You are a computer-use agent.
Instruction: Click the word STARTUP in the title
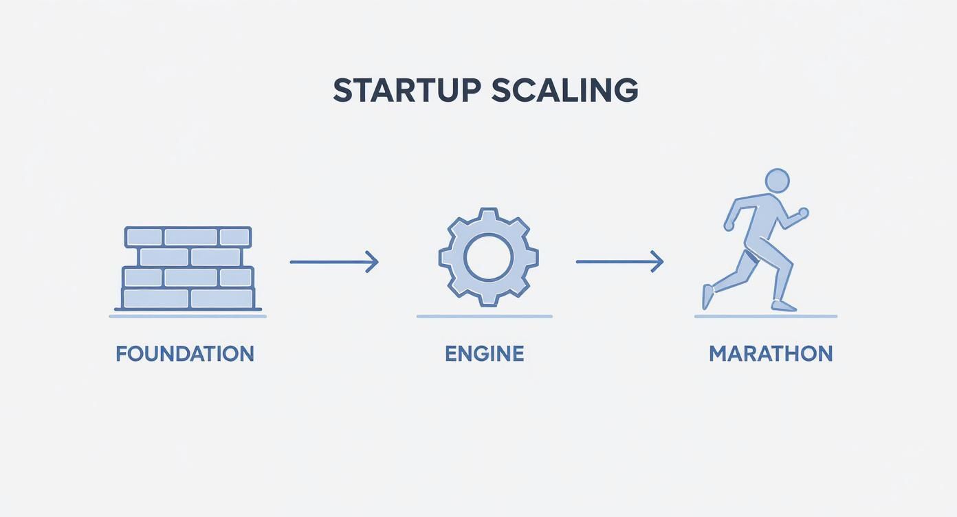pyautogui.click(x=408, y=91)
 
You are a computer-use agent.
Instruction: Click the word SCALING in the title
pyautogui.click(x=564, y=91)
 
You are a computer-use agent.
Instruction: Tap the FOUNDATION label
pyautogui.click(x=185, y=354)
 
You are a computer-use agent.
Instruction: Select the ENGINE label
pyautogui.click(x=484, y=354)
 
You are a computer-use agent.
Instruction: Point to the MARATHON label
pyautogui.click(x=770, y=354)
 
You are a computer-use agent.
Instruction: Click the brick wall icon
pyautogui.click(x=188, y=268)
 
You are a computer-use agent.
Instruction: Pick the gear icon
pyautogui.click(x=488, y=257)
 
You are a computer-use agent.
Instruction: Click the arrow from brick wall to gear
pyautogui.click(x=333, y=262)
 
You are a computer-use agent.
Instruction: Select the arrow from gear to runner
pyautogui.click(x=619, y=262)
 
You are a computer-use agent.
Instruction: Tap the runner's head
pyautogui.click(x=777, y=181)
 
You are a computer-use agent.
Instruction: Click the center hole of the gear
pyautogui.click(x=488, y=257)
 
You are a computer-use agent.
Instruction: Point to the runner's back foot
pyautogui.click(x=707, y=297)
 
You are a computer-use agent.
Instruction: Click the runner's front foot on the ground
pyautogui.click(x=783, y=305)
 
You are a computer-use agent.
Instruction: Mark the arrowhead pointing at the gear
pyautogui.click(x=373, y=262)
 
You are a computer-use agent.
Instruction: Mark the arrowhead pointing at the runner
pyautogui.click(x=659, y=262)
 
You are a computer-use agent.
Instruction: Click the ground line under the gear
pyautogui.click(x=484, y=316)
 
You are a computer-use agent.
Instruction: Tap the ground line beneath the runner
pyautogui.click(x=765, y=316)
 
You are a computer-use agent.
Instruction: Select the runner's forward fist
pyautogui.click(x=804, y=212)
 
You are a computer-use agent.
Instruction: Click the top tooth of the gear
pyautogui.click(x=488, y=213)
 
